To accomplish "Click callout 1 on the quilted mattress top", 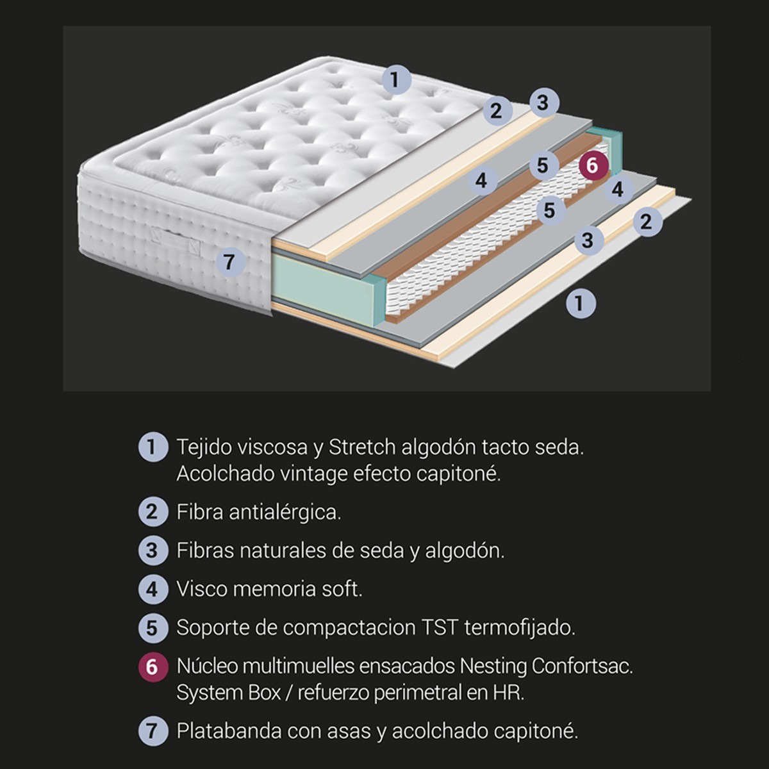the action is [396, 79].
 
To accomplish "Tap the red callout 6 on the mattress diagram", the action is [593, 165].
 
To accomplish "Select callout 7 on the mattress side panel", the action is [230, 262].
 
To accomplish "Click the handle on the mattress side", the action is [176, 241].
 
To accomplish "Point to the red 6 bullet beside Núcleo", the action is [153, 667].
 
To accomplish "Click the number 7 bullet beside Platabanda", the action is [153, 731].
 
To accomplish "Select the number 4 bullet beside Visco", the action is [153, 589].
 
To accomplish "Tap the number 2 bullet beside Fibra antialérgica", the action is [153, 511].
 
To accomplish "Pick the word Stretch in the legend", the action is [362, 447].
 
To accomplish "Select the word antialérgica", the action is [285, 513].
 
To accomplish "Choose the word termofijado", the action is [520, 628].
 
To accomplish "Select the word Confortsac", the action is [583, 666].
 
